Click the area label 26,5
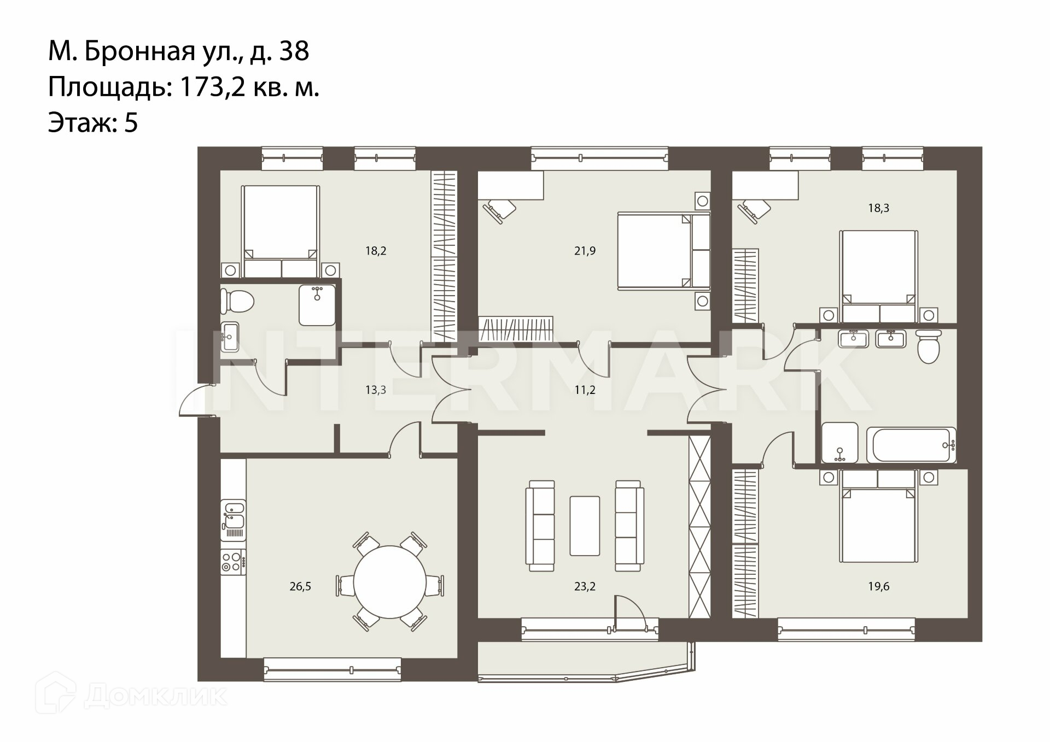click(300, 587)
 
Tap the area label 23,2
click(585, 587)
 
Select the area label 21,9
click(585, 251)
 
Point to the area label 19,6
click(879, 587)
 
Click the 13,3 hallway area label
click(376, 390)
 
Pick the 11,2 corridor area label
click(585, 390)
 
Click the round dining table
click(389, 581)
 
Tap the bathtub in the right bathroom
click(911, 445)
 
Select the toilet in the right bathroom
click(928, 346)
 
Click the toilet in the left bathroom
click(238, 300)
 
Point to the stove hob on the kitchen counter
click(233, 562)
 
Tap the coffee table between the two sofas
click(585, 526)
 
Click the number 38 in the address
click(294, 51)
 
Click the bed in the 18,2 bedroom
click(281, 232)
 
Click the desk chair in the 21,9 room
click(499, 210)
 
